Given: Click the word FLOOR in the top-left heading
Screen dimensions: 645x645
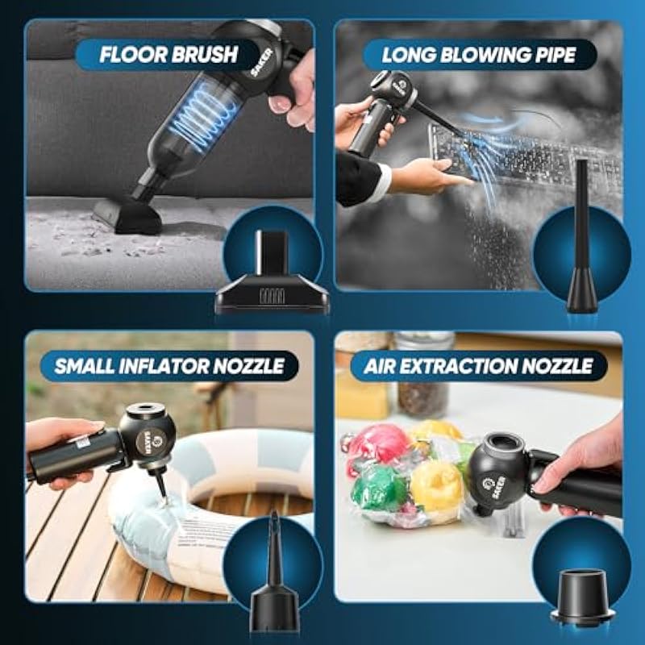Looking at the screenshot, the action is point(134,54).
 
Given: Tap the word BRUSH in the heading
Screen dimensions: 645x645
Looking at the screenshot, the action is point(204,54).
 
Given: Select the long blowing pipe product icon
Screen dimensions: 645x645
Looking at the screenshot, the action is point(580,239).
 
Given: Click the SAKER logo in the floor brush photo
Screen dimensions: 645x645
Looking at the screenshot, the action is point(261,62).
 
